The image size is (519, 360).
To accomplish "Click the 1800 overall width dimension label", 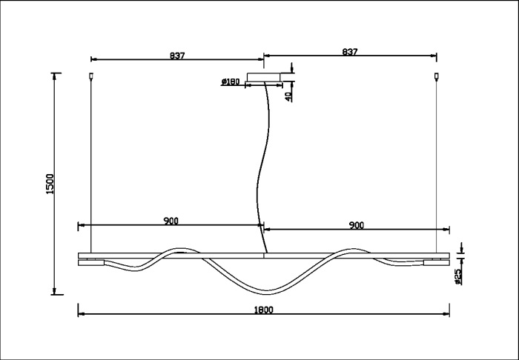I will (264, 310).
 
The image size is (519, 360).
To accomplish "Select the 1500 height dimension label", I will (49, 184).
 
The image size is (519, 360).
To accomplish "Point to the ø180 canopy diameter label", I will (230, 82).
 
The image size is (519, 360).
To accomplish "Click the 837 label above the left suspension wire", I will (176, 55).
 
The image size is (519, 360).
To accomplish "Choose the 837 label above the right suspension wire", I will (350, 52).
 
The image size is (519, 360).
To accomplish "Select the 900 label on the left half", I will (171, 221).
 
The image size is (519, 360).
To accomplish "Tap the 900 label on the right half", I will (356, 224).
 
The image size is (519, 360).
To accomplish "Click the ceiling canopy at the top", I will (265, 76).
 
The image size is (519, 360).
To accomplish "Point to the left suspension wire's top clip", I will (90, 76).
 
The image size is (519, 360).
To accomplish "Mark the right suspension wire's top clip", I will (437, 76).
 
